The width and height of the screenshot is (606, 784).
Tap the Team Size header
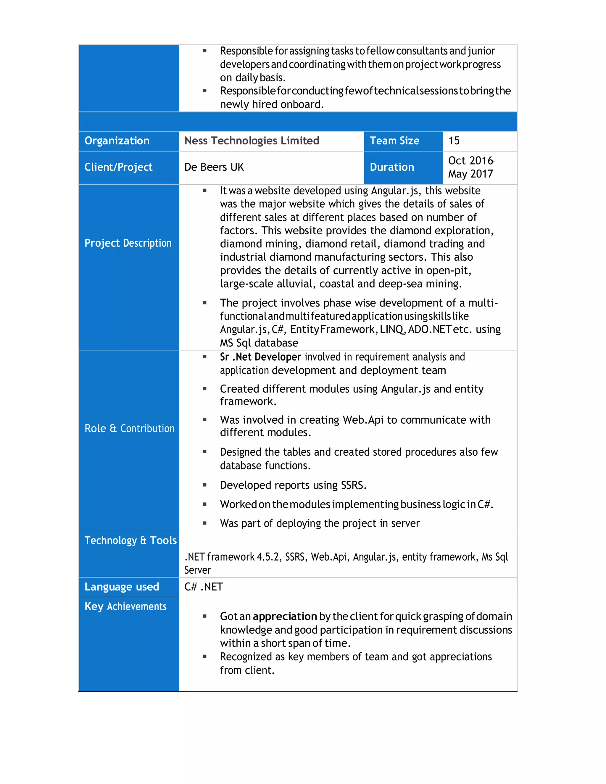(394, 141)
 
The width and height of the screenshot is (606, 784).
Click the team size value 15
(454, 141)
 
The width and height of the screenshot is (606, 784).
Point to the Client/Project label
(118, 167)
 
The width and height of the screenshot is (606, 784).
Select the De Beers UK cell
(214, 167)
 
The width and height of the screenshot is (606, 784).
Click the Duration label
(392, 167)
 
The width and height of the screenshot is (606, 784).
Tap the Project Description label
(128, 243)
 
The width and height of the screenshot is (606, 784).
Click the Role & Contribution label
(129, 429)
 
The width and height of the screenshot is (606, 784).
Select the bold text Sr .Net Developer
(260, 357)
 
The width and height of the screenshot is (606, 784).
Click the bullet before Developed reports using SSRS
(205, 485)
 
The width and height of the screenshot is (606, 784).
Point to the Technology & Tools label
(130, 541)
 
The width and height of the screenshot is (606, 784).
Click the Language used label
(121, 587)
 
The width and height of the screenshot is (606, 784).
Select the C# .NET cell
(204, 587)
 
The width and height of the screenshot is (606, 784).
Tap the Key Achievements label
(125, 607)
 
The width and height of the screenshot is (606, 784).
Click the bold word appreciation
(285, 617)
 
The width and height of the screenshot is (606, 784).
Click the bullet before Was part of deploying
(205, 523)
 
